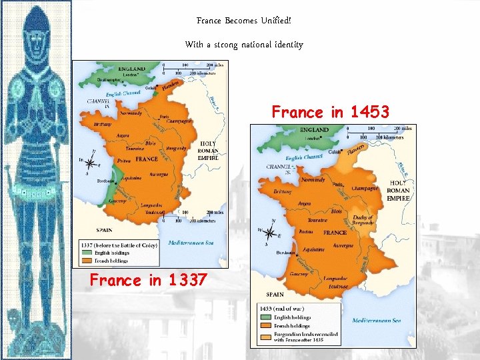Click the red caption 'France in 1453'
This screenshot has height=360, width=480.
tap(330, 112)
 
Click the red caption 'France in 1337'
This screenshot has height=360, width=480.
tap(149, 281)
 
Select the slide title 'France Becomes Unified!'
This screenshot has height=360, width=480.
tap(244, 21)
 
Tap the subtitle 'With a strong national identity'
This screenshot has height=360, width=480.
tap(244, 45)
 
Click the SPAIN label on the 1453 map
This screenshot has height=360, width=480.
tap(275, 293)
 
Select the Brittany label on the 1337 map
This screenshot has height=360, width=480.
tap(102, 124)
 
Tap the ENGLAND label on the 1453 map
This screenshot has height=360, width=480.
tap(313, 129)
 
